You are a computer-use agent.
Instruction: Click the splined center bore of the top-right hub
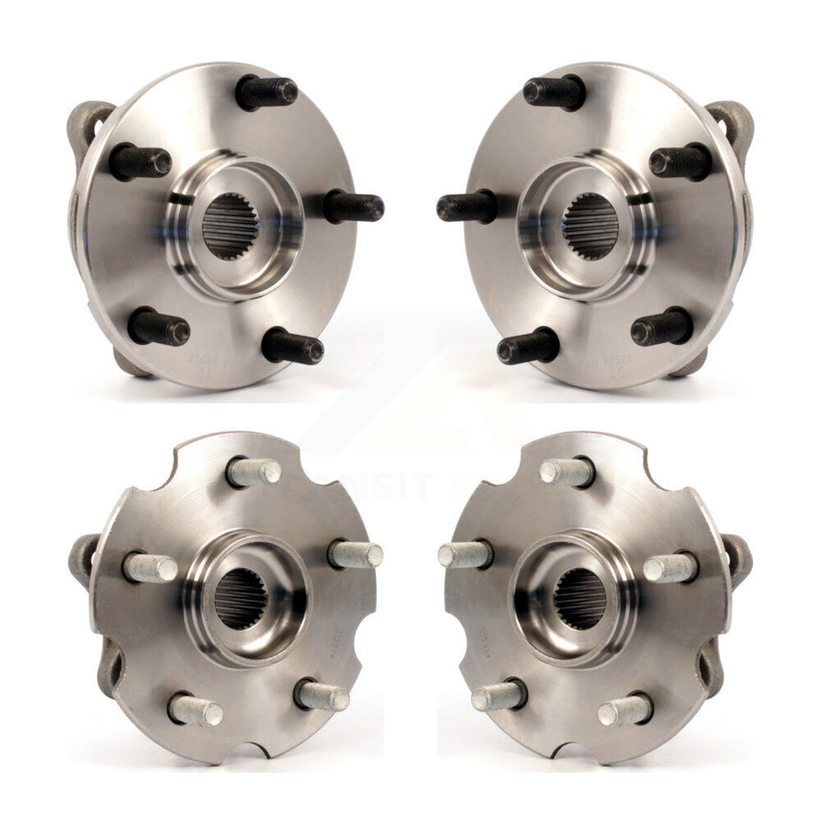pyautogui.click(x=591, y=226)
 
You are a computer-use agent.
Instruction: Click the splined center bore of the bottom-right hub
pyautogui.click(x=580, y=598)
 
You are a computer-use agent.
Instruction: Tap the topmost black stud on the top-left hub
pyautogui.click(x=266, y=92)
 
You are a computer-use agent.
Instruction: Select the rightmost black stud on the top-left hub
pyautogui.click(x=354, y=207)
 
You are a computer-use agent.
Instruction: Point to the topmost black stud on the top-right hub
pyautogui.click(x=554, y=91)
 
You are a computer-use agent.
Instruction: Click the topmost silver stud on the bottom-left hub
pyautogui.click(x=254, y=472)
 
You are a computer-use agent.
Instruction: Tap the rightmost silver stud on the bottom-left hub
pyautogui.click(x=356, y=554)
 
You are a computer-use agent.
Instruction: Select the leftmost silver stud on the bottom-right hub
pyautogui.click(x=465, y=554)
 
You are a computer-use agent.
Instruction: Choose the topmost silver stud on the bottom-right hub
pyautogui.click(x=567, y=472)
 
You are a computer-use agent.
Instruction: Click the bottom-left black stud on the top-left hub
pyautogui.click(x=159, y=328)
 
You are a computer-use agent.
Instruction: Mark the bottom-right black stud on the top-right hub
pyautogui.click(x=662, y=327)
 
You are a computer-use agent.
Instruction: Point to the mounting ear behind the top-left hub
pyautogui.click(x=89, y=121)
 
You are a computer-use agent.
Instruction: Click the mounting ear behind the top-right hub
pyautogui.click(x=731, y=121)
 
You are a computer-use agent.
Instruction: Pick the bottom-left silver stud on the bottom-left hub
pyautogui.click(x=194, y=710)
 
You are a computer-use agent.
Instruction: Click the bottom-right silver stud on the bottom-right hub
pyautogui.click(x=625, y=710)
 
